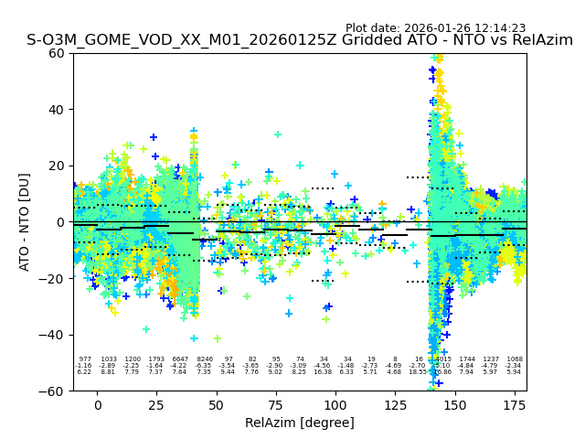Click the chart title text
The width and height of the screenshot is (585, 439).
[300, 40]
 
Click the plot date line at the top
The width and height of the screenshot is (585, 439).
[435, 28]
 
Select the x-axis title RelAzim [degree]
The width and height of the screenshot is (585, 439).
[300, 423]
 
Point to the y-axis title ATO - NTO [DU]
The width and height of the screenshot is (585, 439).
[25, 221]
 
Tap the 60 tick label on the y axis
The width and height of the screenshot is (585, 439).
[56, 53]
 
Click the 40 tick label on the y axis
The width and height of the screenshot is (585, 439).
[56, 110]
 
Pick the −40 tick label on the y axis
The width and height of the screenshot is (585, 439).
[52, 335]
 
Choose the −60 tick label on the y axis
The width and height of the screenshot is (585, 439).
[52, 391]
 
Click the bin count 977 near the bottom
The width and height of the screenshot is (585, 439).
[85, 359]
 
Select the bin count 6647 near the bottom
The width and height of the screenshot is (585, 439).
[180, 359]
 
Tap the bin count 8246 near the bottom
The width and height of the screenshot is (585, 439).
[204, 359]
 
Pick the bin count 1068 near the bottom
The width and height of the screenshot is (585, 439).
[515, 359]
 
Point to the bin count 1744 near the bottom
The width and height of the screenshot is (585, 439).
[467, 359]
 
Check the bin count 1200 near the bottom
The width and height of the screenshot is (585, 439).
[133, 359]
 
